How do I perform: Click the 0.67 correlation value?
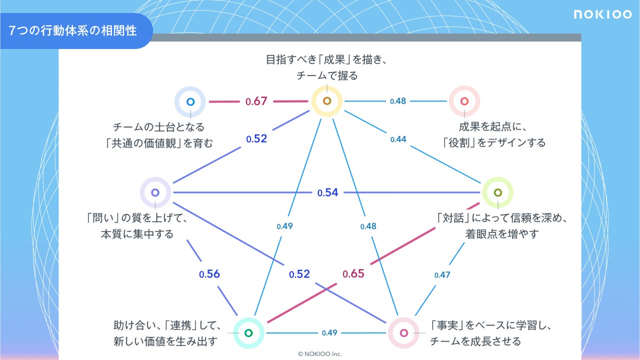pos(256,101)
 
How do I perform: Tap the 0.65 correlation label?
pos(353,273)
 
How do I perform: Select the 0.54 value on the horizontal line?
pos(328,192)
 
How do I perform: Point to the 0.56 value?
pos(209,274)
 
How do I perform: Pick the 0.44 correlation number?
pos(398,139)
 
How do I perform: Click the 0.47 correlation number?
pos(442,275)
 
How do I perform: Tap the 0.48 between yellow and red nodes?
pos(398,101)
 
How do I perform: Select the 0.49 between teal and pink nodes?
pos(329,333)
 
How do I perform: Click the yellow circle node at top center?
pos(327,101)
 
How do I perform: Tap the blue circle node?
pos(190,101)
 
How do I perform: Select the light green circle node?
pos(498,192)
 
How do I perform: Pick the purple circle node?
pos(155,192)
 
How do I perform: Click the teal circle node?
pos(249,333)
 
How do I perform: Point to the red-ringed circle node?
pos(464,101)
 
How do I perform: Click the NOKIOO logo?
pos(603,14)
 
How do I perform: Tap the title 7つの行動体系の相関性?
pos(73,30)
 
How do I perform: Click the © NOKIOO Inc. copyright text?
pos(320,354)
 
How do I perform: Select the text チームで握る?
pos(327,76)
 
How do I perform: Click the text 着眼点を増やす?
pos(502,234)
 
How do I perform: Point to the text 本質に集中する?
pos(137,234)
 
